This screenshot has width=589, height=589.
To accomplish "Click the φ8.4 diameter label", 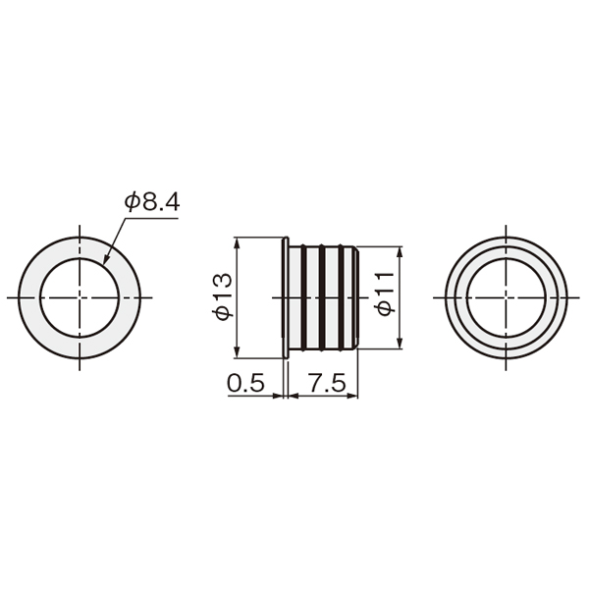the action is tap(152, 201).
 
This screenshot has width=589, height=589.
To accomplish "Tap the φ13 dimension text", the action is tap(223, 297).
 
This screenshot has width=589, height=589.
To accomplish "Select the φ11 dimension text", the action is tap(385, 294).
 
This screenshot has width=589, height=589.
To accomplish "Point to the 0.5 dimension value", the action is tap(246, 383).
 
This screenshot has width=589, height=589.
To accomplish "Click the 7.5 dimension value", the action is tap(326, 383).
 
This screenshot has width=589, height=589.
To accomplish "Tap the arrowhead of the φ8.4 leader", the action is tap(106, 259).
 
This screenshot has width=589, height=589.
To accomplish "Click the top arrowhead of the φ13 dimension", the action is tap(237, 243).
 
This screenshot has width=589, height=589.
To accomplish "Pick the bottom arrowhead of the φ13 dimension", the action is tap(237, 352).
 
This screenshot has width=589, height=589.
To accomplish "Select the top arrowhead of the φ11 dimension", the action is tap(400, 252).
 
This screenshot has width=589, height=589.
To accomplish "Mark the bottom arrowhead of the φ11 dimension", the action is tap(400, 344).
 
